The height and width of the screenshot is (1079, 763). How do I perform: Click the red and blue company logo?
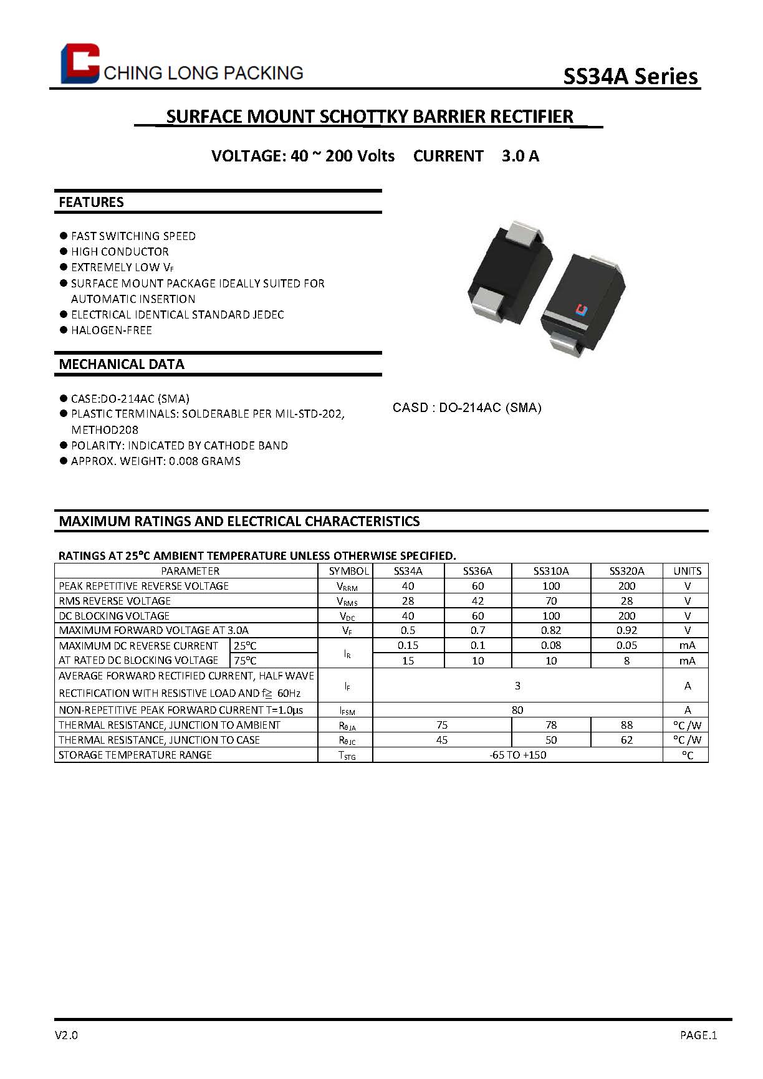click(x=80, y=64)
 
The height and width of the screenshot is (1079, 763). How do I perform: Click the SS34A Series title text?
click(x=630, y=76)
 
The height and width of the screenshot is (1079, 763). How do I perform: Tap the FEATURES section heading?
click(x=91, y=202)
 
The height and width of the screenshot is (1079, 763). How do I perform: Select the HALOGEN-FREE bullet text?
click(x=111, y=330)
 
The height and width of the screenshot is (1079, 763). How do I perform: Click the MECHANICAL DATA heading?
click(x=122, y=364)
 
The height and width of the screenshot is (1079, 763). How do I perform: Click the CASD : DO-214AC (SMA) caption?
click(x=467, y=408)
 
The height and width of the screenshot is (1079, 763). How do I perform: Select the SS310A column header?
click(x=551, y=571)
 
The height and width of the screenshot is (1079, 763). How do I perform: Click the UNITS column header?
click(x=687, y=571)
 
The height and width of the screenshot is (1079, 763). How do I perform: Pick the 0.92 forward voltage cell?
click(x=626, y=630)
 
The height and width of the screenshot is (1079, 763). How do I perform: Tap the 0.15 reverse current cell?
click(x=408, y=645)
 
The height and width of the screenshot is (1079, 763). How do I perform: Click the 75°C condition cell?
click(x=245, y=661)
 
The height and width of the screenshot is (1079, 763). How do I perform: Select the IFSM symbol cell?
click(x=348, y=710)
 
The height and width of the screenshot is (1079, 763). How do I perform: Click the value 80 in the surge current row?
click(x=517, y=710)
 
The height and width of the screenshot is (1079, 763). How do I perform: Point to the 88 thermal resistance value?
click(x=626, y=725)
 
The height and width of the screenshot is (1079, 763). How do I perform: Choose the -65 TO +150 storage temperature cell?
click(x=517, y=755)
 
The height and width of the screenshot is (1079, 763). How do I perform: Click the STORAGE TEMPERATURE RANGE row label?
click(x=135, y=755)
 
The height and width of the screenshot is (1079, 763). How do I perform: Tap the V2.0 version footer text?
click(x=67, y=1035)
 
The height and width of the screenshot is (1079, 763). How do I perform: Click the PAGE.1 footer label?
click(x=698, y=1035)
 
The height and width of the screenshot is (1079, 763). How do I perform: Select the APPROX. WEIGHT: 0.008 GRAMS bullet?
click(x=155, y=461)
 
